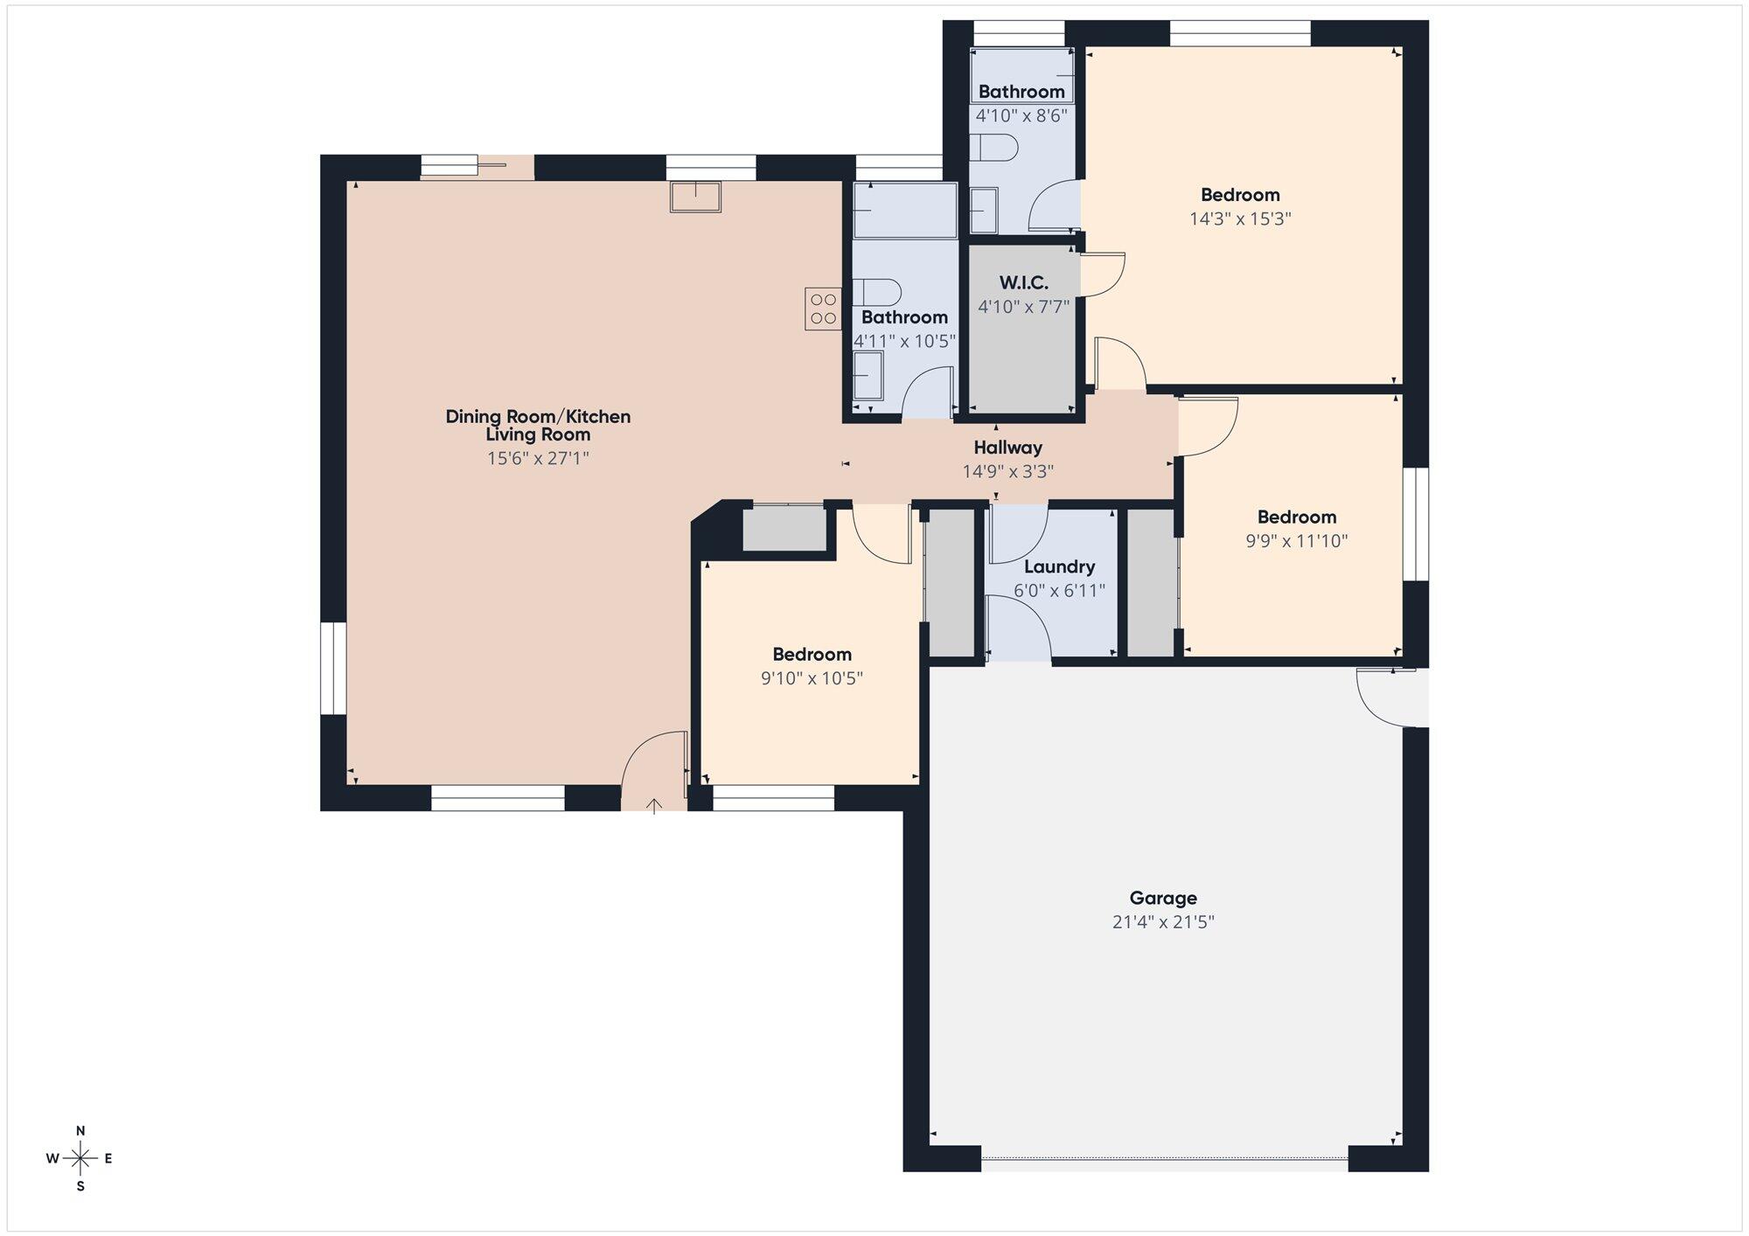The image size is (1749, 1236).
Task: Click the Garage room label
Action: (x=1163, y=898)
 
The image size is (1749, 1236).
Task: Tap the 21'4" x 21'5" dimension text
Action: (x=1163, y=922)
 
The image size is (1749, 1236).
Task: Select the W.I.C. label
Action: (x=1023, y=283)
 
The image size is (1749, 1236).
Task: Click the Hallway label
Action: (x=1007, y=448)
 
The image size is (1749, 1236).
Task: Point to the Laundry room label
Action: (x=1059, y=566)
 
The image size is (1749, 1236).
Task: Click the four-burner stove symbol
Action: (x=823, y=309)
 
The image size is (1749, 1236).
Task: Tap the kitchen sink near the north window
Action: (x=695, y=197)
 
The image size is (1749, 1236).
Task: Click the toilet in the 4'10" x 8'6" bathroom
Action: (x=994, y=149)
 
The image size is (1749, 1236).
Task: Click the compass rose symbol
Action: (x=80, y=1159)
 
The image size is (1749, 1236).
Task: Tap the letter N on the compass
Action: (x=80, y=1130)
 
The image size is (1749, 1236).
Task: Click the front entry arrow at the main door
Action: (x=654, y=805)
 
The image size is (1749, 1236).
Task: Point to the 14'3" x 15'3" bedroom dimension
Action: (x=1240, y=219)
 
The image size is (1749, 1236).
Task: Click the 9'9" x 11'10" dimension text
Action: (x=1296, y=541)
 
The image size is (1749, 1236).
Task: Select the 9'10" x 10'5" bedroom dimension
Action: (x=812, y=678)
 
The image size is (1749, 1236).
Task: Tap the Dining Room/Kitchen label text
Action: (x=538, y=417)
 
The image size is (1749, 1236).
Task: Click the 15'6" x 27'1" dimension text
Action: (x=538, y=458)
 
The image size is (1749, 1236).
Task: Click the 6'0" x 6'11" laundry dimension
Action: (x=1059, y=591)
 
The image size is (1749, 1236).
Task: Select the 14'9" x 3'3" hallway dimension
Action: (x=1007, y=472)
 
